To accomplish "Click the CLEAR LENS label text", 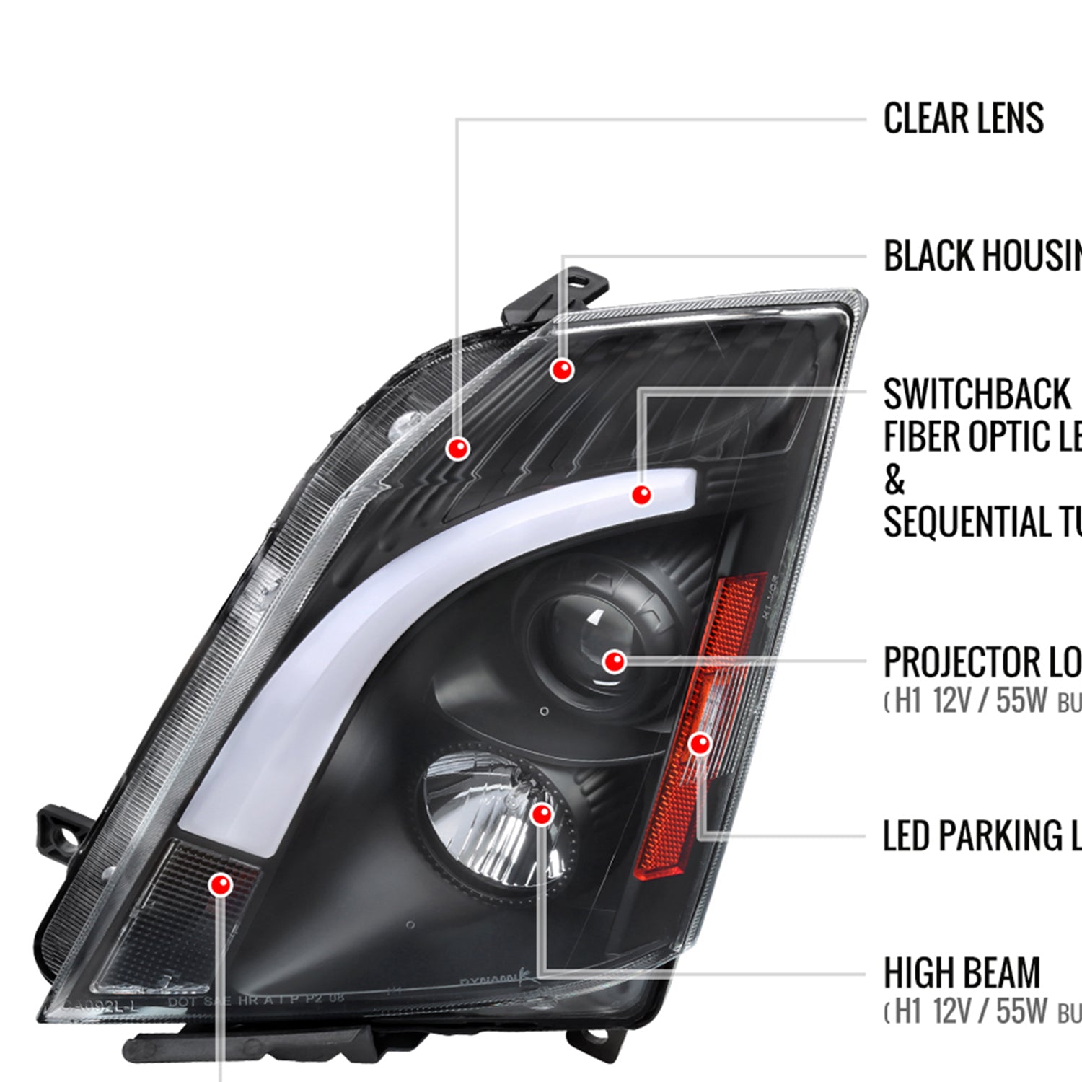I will [x=963, y=119].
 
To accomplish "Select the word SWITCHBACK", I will [x=977, y=395].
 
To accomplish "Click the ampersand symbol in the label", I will [x=894, y=480].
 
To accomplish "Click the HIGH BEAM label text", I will [x=962, y=973].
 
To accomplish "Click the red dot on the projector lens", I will [x=614, y=661].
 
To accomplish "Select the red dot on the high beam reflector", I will [x=541, y=814].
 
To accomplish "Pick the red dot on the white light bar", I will [x=641, y=494].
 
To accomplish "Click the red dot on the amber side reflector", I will [x=700, y=744].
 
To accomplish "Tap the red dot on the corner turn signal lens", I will [x=221, y=884].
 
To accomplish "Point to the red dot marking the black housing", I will [x=562, y=369].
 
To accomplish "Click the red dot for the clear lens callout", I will [x=457, y=449].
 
